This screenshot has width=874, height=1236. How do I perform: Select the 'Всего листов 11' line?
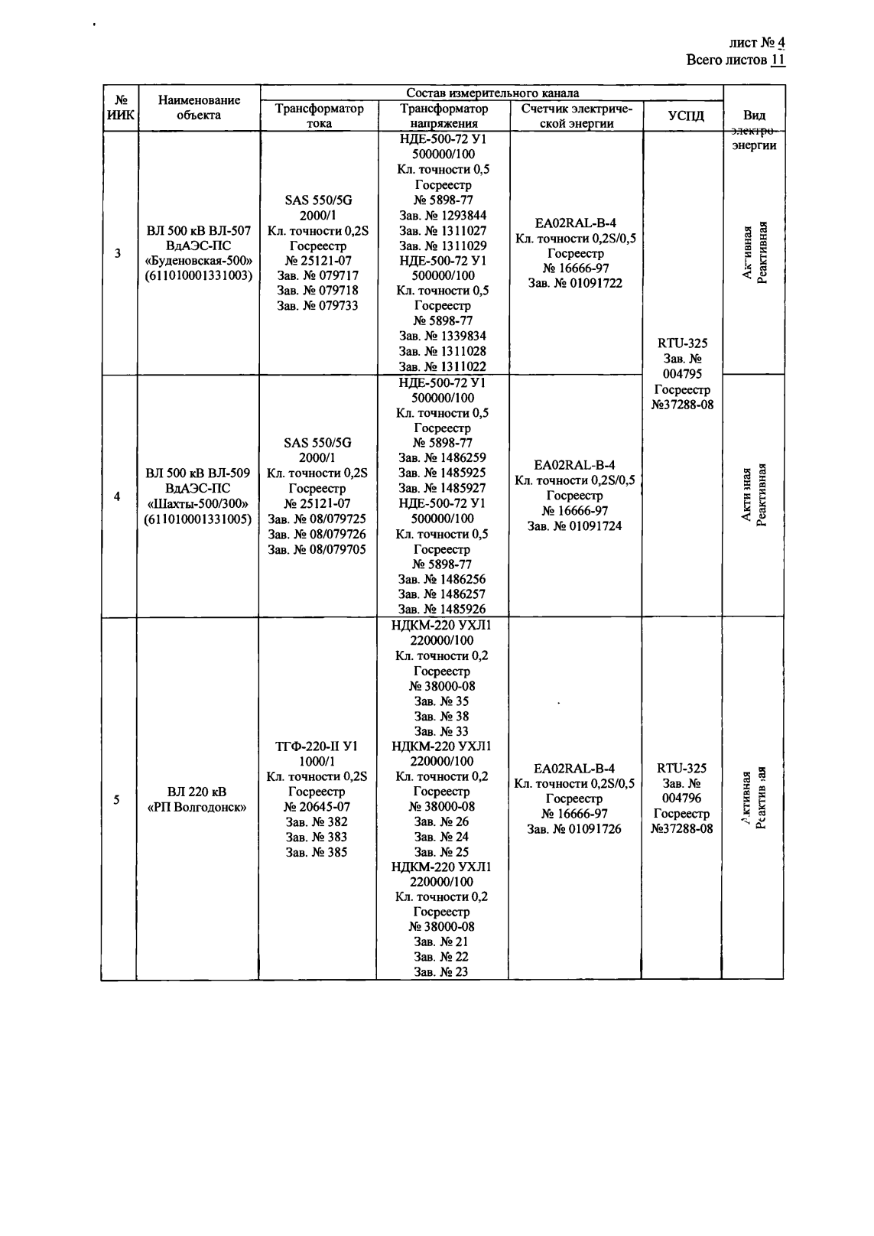pos(736,60)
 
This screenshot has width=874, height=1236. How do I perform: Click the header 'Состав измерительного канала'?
pos(492,93)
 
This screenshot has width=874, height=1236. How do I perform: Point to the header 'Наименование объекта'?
pos(199,107)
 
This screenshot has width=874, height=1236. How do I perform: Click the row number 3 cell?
pos(117,253)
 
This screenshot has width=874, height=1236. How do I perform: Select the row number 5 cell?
pos(117,800)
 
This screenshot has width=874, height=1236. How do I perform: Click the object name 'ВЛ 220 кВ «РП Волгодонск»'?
pos(197,799)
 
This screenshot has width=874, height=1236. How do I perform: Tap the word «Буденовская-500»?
pos(198,261)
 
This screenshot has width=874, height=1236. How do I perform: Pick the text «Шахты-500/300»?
pos(198,504)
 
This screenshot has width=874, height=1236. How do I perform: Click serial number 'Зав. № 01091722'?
pos(575,283)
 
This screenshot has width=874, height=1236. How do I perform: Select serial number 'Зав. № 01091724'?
pos(575,526)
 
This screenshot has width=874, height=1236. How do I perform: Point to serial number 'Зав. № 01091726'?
pos(575,829)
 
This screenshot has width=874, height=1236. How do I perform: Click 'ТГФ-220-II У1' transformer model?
pos(317,746)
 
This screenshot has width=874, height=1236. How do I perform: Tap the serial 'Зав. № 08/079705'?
pos(317,549)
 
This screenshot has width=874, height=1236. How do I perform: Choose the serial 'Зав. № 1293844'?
pos(442,215)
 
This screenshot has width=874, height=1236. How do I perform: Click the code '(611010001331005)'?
pos(198,519)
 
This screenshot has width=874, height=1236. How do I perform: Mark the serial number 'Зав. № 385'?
pos(317,852)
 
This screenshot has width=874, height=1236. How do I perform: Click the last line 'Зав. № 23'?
pos(441,972)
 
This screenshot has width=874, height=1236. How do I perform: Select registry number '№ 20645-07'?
pos(317,807)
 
